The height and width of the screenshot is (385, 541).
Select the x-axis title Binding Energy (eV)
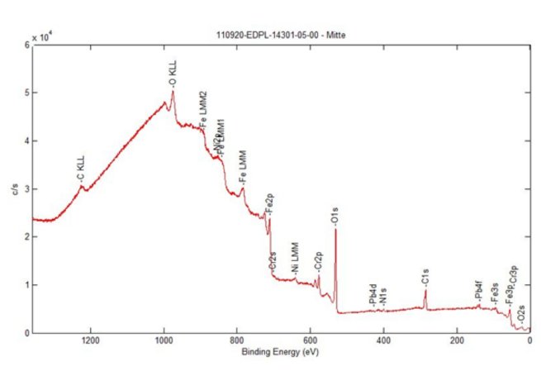click(x=281, y=353)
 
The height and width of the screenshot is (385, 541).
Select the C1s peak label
click(x=425, y=280)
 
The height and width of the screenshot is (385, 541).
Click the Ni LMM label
click(x=297, y=258)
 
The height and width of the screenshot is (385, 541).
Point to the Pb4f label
click(x=479, y=291)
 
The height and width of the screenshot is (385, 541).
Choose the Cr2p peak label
click(x=318, y=261)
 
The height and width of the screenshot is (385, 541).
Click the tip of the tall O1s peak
click(x=335, y=230)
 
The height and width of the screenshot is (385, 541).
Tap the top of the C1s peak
click(x=425, y=291)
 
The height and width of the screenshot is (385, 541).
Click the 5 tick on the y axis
click(x=26, y=93)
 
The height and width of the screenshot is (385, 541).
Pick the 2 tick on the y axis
click(x=26, y=237)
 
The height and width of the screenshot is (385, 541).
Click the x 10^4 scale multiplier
click(x=41, y=38)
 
